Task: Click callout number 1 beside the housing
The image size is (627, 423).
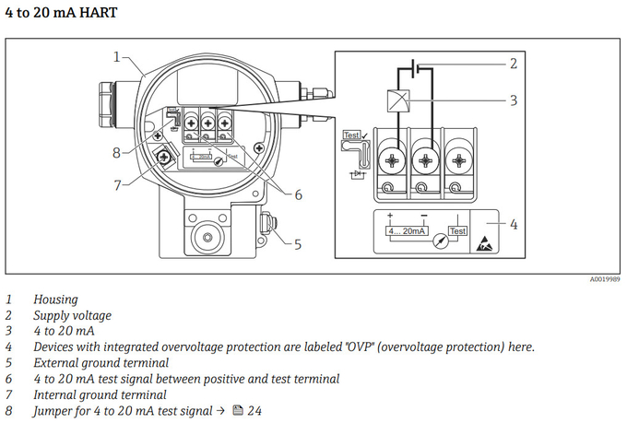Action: click(117, 56)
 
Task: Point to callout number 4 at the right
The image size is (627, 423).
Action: click(513, 224)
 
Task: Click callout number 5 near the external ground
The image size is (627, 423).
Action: click(298, 244)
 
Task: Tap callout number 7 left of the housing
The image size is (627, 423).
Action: click(117, 184)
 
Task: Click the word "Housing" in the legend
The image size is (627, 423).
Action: click(56, 300)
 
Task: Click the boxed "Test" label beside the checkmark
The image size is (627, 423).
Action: click(351, 135)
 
